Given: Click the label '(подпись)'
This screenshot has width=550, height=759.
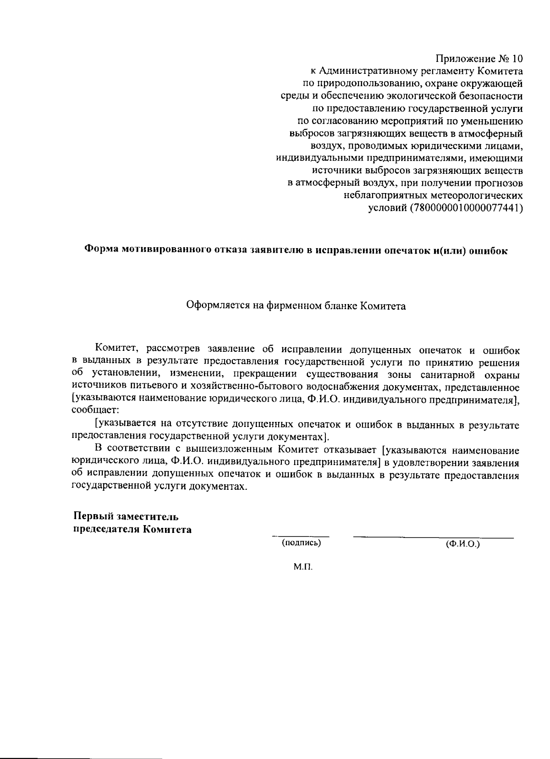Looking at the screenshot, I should (301, 543).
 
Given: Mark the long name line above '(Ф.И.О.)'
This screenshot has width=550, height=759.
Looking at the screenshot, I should (433, 537).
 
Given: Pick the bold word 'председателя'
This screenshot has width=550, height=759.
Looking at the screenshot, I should (106, 530).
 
